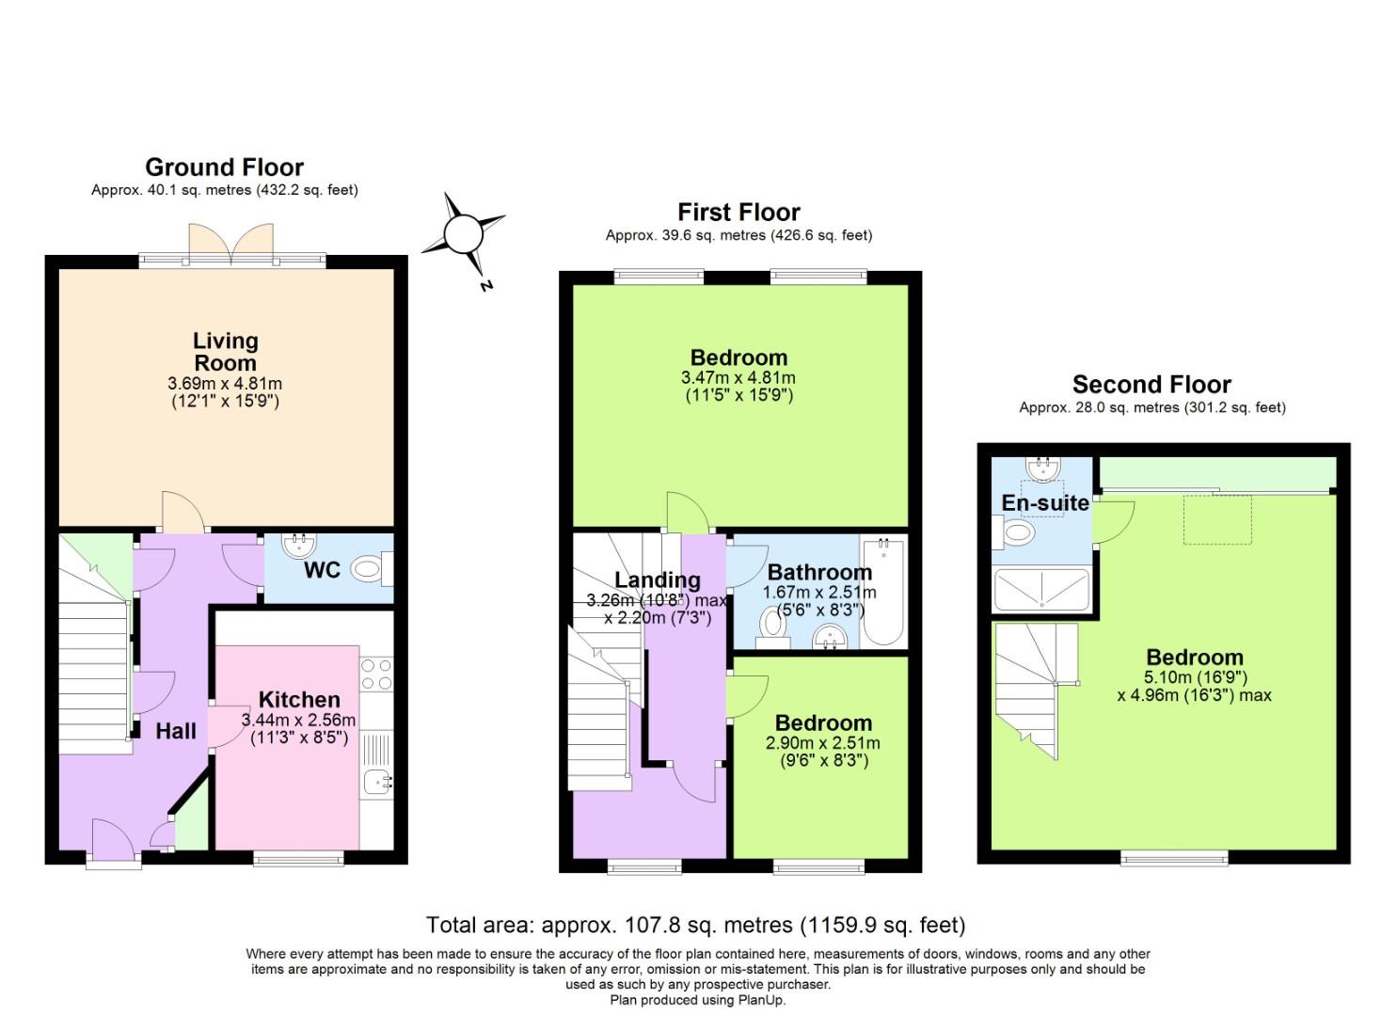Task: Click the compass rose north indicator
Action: (x=463, y=235)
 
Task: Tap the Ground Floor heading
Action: (x=224, y=167)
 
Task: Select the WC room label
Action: (x=322, y=570)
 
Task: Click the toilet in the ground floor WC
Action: (x=367, y=568)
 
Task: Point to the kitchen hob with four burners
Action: (x=376, y=674)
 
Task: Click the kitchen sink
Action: (x=378, y=780)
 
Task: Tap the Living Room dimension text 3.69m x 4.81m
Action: (x=225, y=384)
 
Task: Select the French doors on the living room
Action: (x=231, y=243)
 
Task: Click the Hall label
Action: (x=176, y=731)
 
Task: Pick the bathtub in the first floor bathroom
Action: (x=882, y=592)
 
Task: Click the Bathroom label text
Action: (x=819, y=572)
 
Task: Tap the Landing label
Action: (x=658, y=580)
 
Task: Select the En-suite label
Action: (x=1045, y=503)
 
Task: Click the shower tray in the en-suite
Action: (x=1041, y=589)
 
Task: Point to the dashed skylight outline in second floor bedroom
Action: (x=1217, y=519)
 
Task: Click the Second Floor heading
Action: (x=1151, y=385)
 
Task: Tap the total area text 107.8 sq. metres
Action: (x=695, y=926)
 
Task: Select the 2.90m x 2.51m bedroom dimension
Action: (x=823, y=743)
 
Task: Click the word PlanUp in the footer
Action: (x=762, y=1000)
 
